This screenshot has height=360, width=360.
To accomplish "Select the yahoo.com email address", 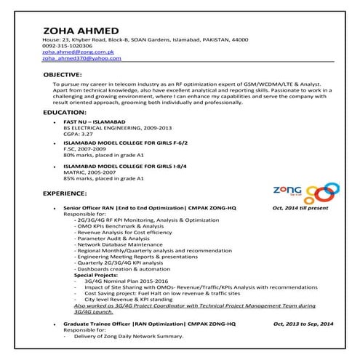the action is [81, 59].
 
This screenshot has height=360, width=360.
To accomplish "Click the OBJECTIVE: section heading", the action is [67, 75].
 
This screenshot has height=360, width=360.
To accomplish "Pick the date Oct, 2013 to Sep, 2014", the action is [303, 322].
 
